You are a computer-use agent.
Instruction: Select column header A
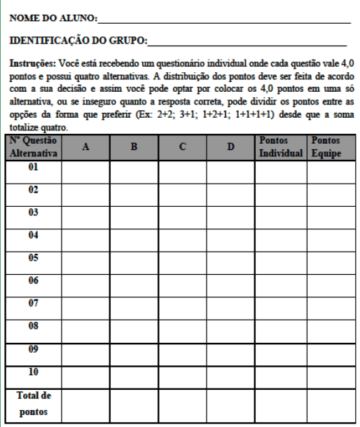pyautogui.click(x=85, y=148)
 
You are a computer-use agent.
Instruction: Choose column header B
pyautogui.click(x=133, y=148)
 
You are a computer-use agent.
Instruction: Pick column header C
pyautogui.click(x=181, y=148)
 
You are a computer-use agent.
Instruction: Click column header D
pyautogui.click(x=230, y=148)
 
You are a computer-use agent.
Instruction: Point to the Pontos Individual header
pyautogui.click(x=280, y=147)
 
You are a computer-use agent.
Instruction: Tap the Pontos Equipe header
pyautogui.click(x=329, y=147)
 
